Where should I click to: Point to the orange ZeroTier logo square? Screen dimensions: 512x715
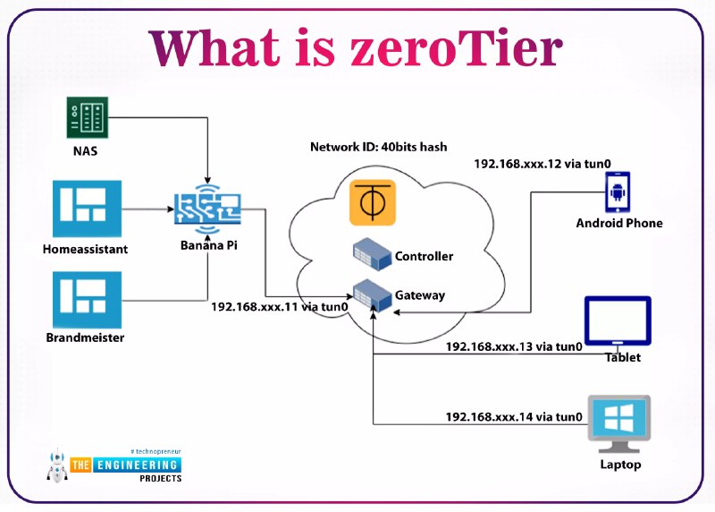[x=372, y=204]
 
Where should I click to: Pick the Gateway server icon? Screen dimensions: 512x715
[x=371, y=294]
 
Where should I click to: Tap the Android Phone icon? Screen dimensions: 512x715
[x=618, y=190]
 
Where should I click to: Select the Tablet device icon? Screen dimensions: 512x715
[x=617, y=323]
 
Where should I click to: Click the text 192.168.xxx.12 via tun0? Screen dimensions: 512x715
[x=543, y=164]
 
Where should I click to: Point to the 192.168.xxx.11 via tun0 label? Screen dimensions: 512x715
[x=279, y=306]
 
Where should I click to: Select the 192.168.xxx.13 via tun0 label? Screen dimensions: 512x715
[x=514, y=346]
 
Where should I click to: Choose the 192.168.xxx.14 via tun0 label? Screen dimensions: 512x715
[x=514, y=416]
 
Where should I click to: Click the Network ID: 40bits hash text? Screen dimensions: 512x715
[x=378, y=146]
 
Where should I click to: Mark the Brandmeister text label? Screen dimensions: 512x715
[x=85, y=337]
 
